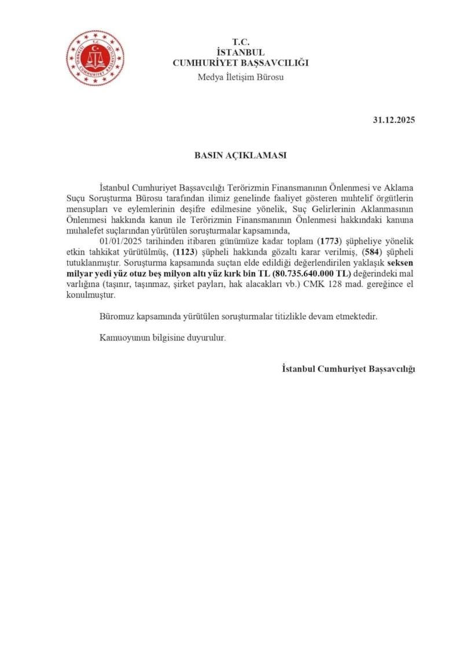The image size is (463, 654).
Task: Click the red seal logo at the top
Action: (94, 58)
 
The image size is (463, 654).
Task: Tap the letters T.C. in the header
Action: (240, 42)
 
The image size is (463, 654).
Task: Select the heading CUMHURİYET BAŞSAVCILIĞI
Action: (240, 62)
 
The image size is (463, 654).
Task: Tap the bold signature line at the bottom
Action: (348, 368)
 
